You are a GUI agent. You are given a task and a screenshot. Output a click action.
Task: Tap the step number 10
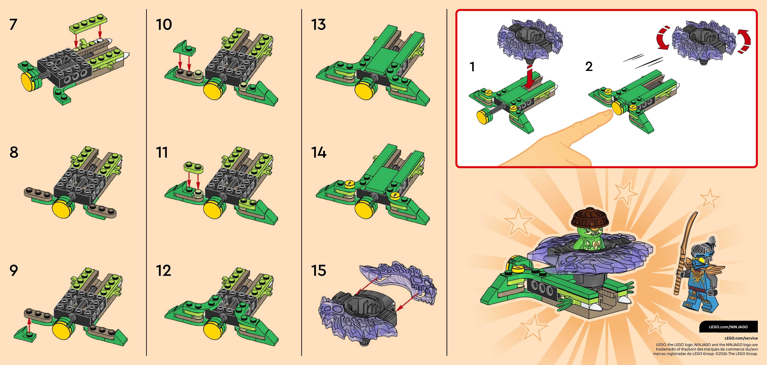[x=164, y=24]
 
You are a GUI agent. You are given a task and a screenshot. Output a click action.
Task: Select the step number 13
[x=318, y=24]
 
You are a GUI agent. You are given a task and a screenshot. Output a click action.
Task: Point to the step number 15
[x=318, y=270]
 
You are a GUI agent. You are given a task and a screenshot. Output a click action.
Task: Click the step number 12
[x=163, y=270]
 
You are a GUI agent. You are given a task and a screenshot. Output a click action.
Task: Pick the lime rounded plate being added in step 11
[x=193, y=168]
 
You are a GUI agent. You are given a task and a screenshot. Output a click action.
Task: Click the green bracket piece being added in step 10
[x=185, y=49]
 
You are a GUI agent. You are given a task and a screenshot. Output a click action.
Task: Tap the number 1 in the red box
[x=472, y=67]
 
